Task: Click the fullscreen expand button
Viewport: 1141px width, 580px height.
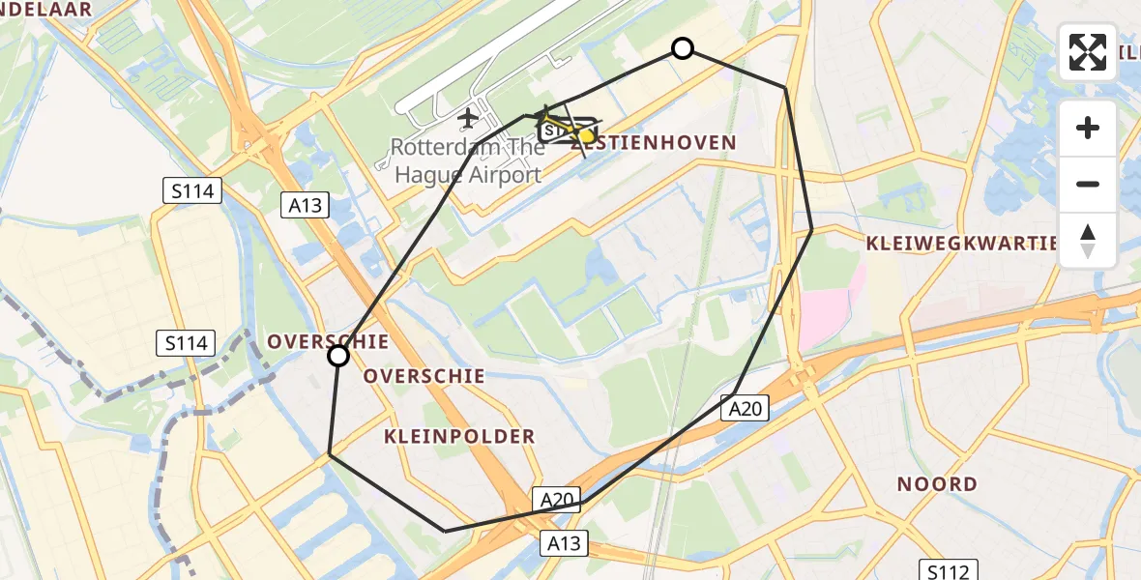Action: pyautogui.click(x=1088, y=52)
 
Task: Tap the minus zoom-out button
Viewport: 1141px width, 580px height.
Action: pyautogui.click(x=1088, y=184)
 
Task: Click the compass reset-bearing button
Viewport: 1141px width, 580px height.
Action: pyautogui.click(x=1088, y=240)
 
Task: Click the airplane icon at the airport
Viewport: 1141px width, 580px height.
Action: pyautogui.click(x=469, y=119)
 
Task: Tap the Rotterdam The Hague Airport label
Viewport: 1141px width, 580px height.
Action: pyautogui.click(x=467, y=161)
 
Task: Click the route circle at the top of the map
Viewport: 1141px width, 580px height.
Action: pyautogui.click(x=683, y=48)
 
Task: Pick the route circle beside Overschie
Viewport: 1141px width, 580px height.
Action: pyautogui.click(x=338, y=356)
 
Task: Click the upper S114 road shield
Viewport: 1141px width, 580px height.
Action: pyautogui.click(x=191, y=191)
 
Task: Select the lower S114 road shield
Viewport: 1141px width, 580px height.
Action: pyautogui.click(x=186, y=341)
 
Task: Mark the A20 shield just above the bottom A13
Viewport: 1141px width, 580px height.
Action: pyautogui.click(x=557, y=500)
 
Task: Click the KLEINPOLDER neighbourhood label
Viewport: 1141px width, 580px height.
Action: pyautogui.click(x=459, y=436)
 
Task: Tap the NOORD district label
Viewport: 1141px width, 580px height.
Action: pyautogui.click(x=937, y=483)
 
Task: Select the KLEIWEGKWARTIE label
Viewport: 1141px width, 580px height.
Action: pyautogui.click(x=962, y=243)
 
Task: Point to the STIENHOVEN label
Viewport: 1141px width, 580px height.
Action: pyautogui.click(x=667, y=143)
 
